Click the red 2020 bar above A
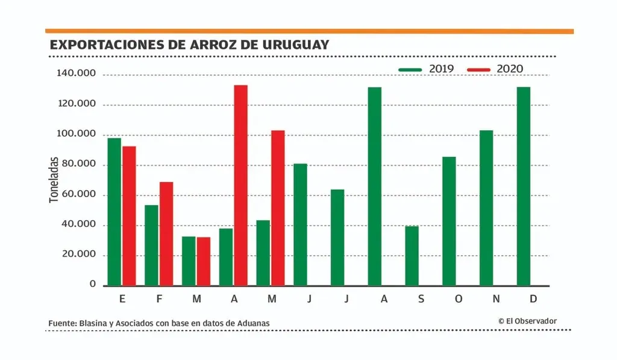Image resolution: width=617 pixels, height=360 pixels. click(x=240, y=185)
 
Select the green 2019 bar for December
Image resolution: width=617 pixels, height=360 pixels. click(x=524, y=186)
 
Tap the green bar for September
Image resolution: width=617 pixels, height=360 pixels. click(x=412, y=255)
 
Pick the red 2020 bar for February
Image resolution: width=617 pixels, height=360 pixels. click(x=166, y=233)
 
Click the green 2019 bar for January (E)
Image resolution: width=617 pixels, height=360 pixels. click(x=114, y=212)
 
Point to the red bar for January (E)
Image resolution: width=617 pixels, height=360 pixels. click(x=129, y=215)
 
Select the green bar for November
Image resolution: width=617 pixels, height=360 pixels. click(x=486, y=207)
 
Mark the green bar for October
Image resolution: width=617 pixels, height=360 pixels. click(x=449, y=221)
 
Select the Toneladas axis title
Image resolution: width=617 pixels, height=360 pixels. click(x=54, y=180)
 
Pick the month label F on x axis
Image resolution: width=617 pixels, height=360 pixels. click(x=159, y=300)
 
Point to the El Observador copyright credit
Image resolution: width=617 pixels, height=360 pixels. click(x=527, y=321)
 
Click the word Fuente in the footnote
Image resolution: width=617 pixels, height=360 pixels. click(x=62, y=324)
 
